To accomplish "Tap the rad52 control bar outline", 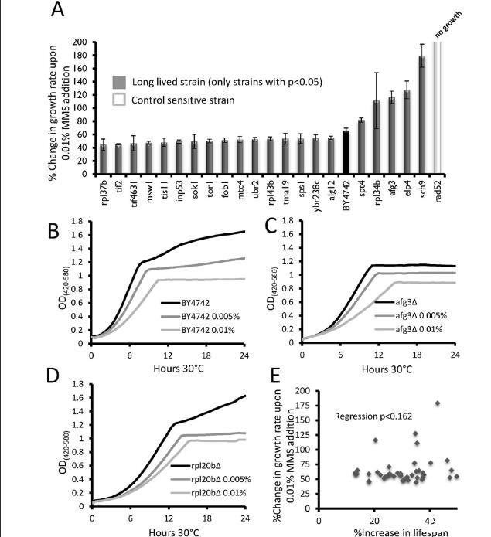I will (437, 108).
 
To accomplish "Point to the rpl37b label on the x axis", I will (103, 194).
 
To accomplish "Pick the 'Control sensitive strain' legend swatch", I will (118, 100).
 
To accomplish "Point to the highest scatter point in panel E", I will (438, 403).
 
